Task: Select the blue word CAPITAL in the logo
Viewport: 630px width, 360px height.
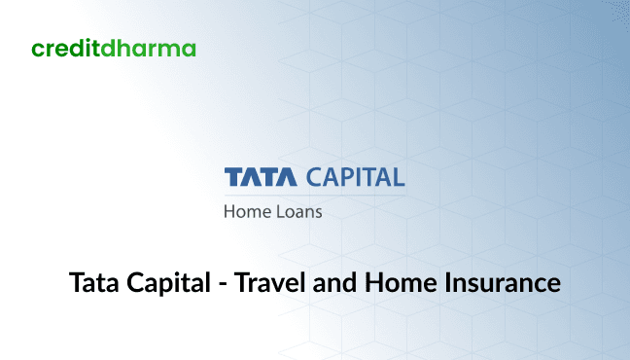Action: pyautogui.click(x=355, y=178)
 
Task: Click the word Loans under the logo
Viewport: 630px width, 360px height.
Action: pyautogui.click(x=297, y=210)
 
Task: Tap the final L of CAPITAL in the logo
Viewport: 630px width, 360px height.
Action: pyautogui.click(x=398, y=178)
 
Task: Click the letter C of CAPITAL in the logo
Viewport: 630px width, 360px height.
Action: pyautogui.click(x=313, y=178)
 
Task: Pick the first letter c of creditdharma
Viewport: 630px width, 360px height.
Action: pyautogui.click(x=36, y=49)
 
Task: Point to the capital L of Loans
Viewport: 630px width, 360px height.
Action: pyautogui.click(x=279, y=210)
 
